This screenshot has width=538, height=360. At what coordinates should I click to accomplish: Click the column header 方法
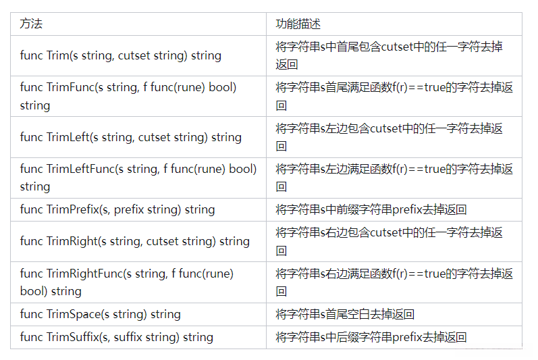coord(31,24)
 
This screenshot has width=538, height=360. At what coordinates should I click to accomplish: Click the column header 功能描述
coord(298,24)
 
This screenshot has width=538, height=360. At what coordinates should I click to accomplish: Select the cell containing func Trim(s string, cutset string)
coord(121,55)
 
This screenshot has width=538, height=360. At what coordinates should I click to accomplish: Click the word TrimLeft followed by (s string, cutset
coord(68,137)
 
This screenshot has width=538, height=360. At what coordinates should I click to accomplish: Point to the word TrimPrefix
coord(72,209)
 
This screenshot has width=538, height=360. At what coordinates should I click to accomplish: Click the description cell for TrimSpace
coord(345,314)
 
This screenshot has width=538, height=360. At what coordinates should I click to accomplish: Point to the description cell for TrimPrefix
coord(371,209)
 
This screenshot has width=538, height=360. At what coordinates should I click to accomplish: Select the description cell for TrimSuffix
coord(371,337)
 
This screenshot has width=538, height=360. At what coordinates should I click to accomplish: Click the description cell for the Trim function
coord(389,55)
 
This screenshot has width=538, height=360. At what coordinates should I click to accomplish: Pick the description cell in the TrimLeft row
coord(389,137)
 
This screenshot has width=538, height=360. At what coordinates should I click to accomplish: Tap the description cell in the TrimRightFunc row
coord(394,282)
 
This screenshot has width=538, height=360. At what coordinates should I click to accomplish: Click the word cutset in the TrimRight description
coord(387,233)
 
